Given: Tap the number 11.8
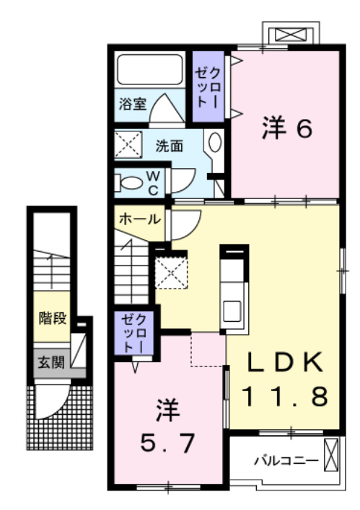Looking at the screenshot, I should [x=284, y=396].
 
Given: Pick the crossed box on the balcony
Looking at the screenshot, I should [x=330, y=456].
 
